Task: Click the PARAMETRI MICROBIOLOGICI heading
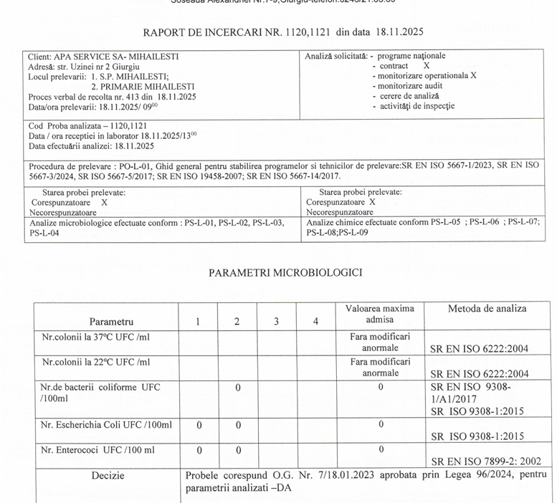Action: pyautogui.click(x=285, y=272)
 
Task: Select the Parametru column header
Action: pyautogui.click(x=111, y=322)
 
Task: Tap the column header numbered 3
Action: pyautogui.click(x=276, y=322)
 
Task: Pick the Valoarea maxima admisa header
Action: pyautogui.click(x=379, y=314)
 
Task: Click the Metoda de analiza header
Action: pyautogui.click(x=487, y=309)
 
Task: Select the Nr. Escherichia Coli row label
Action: pyautogui.click(x=106, y=425)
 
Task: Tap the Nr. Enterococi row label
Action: pyautogui.click(x=97, y=450)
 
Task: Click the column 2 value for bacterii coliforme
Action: pyautogui.click(x=237, y=388)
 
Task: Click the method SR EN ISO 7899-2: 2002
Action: pyautogui.click(x=485, y=461)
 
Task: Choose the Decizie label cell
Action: pyautogui.click(x=108, y=475)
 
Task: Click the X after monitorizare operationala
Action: pyautogui.click(x=473, y=75)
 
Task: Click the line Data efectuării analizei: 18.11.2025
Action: pyautogui.click(x=91, y=146)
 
